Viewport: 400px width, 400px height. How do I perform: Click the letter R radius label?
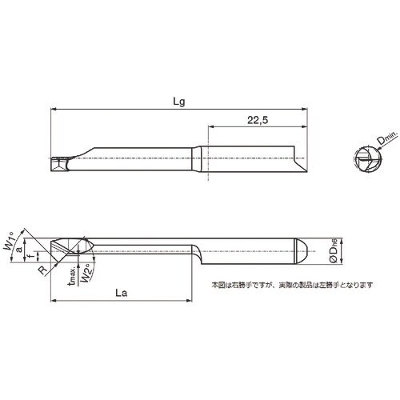click(x=39, y=270)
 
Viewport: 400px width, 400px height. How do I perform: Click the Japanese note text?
click(x=292, y=284)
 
